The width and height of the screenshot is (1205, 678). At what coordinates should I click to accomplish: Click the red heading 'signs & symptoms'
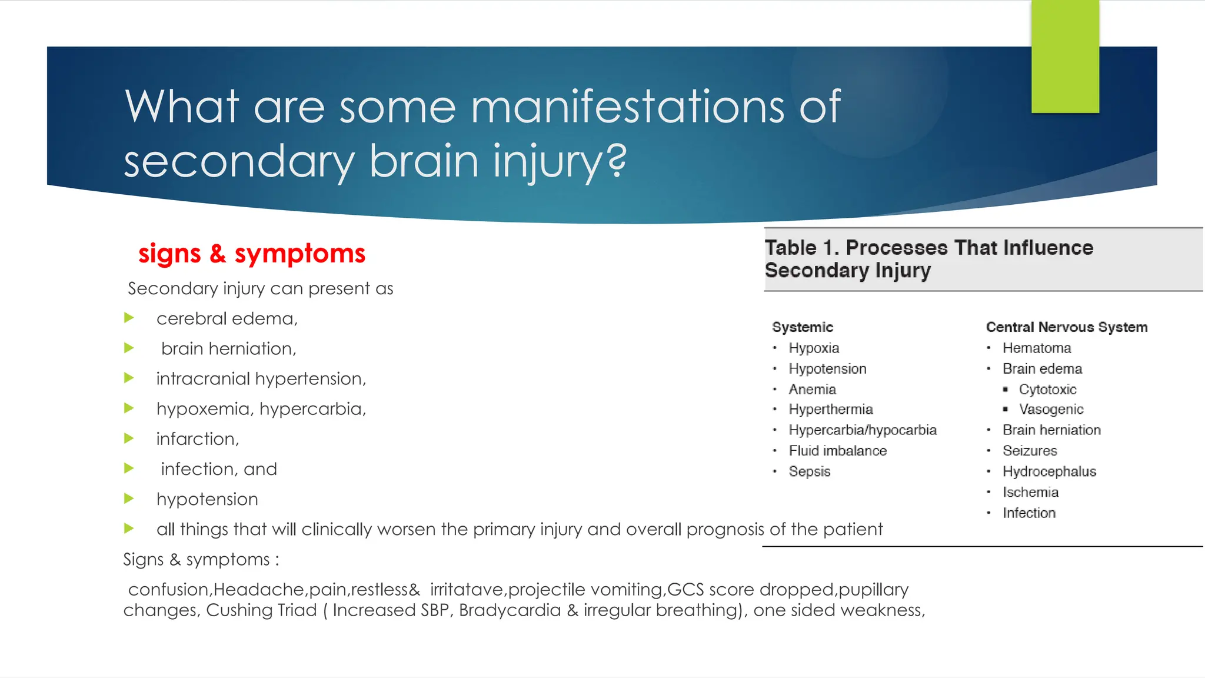click(252, 254)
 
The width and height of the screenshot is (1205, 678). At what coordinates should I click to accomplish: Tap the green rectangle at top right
click(1065, 56)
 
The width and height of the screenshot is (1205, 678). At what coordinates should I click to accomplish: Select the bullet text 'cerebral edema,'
click(227, 318)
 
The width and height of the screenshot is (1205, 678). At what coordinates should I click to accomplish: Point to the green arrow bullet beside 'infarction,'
click(129, 438)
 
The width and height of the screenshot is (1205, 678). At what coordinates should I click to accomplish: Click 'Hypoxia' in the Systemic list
click(814, 348)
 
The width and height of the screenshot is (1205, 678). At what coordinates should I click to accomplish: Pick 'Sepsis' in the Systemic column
click(809, 471)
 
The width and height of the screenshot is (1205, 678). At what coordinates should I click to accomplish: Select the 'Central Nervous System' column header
click(1066, 327)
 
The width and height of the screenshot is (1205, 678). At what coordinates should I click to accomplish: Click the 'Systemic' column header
click(803, 327)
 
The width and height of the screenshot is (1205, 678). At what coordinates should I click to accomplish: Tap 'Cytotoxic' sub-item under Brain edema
click(1047, 389)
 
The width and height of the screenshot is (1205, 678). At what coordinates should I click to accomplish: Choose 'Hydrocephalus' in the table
click(1049, 471)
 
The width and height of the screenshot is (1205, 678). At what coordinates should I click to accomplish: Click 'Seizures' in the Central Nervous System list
click(1030, 451)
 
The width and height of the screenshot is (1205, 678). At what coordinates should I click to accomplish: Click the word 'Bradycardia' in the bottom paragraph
click(510, 610)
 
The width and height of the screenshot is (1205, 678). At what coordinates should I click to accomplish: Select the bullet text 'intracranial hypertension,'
click(261, 378)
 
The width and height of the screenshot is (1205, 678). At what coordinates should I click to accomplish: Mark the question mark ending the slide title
click(616, 161)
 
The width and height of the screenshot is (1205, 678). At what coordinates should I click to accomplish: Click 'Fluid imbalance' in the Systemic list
click(837, 451)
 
